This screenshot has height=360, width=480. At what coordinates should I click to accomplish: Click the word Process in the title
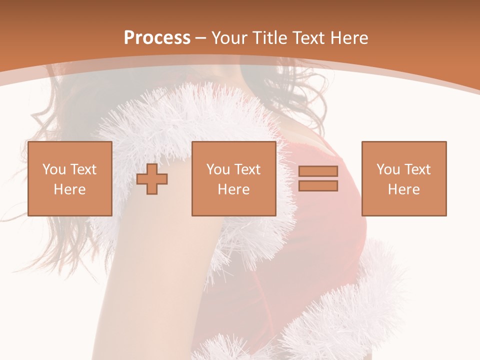pyautogui.click(x=157, y=38)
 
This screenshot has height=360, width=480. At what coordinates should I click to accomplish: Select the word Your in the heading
pyautogui.click(x=229, y=38)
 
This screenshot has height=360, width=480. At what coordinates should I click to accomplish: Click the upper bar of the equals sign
pyautogui.click(x=318, y=171)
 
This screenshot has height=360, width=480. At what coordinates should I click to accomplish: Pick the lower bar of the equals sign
pyautogui.click(x=318, y=185)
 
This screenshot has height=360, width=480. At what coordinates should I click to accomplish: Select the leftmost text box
pyautogui.click(x=70, y=178)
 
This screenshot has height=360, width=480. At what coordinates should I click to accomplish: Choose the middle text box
pyautogui.click(x=233, y=178)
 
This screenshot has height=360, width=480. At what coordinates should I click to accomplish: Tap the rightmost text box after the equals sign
pyautogui.click(x=403, y=178)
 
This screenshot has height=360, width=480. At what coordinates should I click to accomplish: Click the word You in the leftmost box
pyautogui.click(x=54, y=169)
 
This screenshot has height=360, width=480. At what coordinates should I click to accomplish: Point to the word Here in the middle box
pyautogui.click(x=233, y=189)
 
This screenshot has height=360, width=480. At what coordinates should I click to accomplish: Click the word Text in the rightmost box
pyautogui.click(x=417, y=169)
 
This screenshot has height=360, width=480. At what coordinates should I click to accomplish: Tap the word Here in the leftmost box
pyautogui.click(x=70, y=189)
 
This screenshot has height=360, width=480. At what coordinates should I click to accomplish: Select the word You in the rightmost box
pyautogui.click(x=388, y=169)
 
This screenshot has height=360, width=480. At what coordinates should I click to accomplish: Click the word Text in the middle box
pyautogui.click(x=247, y=169)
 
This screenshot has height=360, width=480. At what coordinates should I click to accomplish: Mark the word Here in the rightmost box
pyautogui.click(x=403, y=189)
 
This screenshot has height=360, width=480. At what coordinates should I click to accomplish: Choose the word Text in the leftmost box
pyautogui.click(x=83, y=169)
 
